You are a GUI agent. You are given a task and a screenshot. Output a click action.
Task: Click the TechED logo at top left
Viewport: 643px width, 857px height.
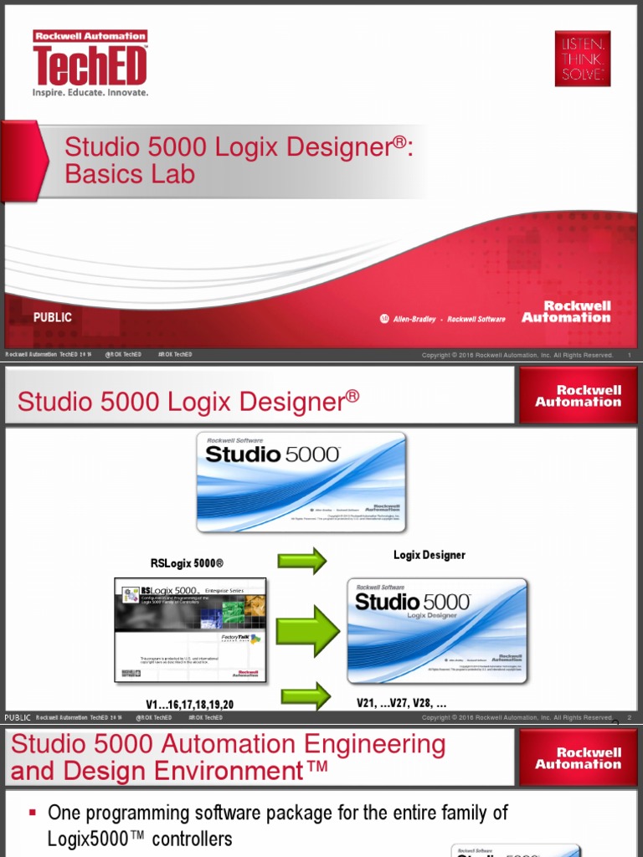pyautogui.click(x=90, y=64)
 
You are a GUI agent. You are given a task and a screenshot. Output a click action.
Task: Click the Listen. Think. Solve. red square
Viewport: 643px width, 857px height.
pyautogui.click(x=583, y=59)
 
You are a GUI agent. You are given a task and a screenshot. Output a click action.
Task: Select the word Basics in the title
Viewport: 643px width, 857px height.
pyautogui.click(x=105, y=174)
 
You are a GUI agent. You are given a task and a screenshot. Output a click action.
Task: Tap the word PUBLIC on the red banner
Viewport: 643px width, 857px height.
pyautogui.click(x=53, y=317)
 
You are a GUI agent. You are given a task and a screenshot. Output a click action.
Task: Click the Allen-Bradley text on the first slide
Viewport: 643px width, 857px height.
pyautogui.click(x=414, y=319)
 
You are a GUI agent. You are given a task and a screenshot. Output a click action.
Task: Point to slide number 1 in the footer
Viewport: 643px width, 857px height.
pyautogui.click(x=629, y=355)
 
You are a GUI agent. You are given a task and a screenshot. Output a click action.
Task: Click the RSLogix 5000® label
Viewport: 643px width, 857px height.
pyautogui.click(x=187, y=563)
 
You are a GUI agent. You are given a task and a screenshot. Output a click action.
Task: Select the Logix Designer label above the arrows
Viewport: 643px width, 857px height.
pyautogui.click(x=429, y=555)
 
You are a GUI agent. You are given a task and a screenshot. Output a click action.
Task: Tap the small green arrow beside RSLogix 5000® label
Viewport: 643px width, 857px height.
pyautogui.click(x=301, y=560)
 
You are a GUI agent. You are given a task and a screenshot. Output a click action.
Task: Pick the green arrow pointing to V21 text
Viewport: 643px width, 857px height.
pyautogui.click(x=306, y=696)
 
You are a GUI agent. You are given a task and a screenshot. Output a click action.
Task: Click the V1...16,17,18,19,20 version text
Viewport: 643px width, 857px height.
pyautogui.click(x=189, y=705)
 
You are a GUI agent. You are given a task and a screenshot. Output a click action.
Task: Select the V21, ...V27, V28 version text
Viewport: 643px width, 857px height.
pyautogui.click(x=401, y=704)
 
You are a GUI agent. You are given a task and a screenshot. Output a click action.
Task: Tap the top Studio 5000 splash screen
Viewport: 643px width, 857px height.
pyautogui.click(x=301, y=481)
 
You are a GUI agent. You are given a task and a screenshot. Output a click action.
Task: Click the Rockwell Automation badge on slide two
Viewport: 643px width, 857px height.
pyautogui.click(x=578, y=396)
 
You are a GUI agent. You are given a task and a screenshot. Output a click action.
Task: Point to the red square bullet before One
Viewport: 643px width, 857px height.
pyautogui.click(x=33, y=813)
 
